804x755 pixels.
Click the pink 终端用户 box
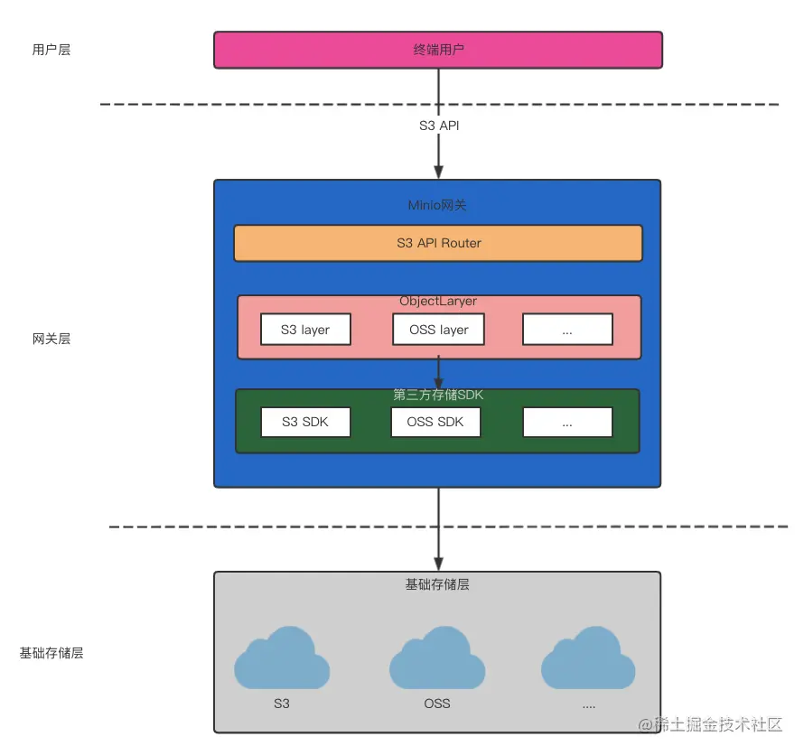pyautogui.click(x=438, y=50)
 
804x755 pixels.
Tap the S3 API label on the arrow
pyautogui.click(x=439, y=126)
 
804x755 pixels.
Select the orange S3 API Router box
pyautogui.click(x=438, y=243)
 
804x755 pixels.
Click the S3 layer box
pyautogui.click(x=305, y=330)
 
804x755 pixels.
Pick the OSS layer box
pyautogui.click(x=438, y=330)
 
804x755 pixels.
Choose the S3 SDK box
pyautogui.click(x=305, y=422)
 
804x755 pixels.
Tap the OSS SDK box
pyautogui.click(x=435, y=422)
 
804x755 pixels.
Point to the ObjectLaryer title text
pyautogui.click(x=438, y=301)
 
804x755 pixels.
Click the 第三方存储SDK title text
pyautogui.click(x=438, y=395)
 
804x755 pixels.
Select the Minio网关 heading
pyautogui.click(x=438, y=205)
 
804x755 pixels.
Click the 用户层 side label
pyautogui.click(x=51, y=50)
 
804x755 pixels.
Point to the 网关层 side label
pyautogui.click(x=51, y=339)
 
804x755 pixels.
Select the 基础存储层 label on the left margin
pyautogui.click(x=51, y=652)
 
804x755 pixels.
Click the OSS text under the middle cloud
pyautogui.click(x=437, y=703)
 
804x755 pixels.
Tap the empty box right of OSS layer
pyautogui.click(x=567, y=330)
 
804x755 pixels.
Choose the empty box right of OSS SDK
pyautogui.click(x=567, y=422)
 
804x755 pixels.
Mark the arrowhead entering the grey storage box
pyautogui.click(x=438, y=562)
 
